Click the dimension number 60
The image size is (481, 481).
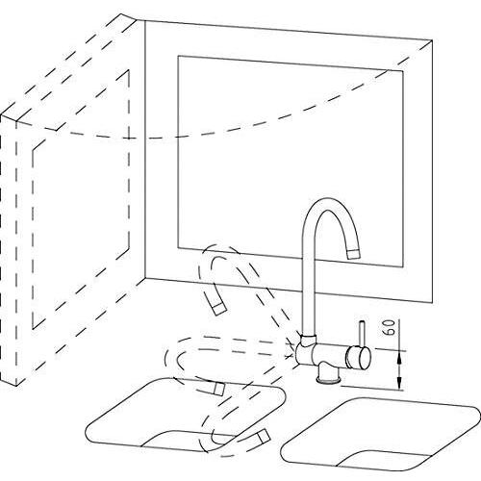tap(391, 327)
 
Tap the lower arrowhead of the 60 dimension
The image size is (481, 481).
tap(399, 382)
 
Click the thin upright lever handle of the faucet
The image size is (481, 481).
tap(362, 334)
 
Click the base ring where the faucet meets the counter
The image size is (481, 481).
tap(328, 381)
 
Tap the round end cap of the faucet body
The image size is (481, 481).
tap(364, 359)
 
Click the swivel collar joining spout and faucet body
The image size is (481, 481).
tap(309, 339)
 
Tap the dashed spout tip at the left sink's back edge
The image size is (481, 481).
tap(218, 389)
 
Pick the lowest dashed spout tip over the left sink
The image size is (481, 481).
tap(263, 436)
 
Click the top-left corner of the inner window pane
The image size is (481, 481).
tap(178, 56)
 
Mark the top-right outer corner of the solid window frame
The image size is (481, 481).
tap(432, 40)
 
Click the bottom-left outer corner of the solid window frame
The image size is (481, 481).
tap(145, 278)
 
